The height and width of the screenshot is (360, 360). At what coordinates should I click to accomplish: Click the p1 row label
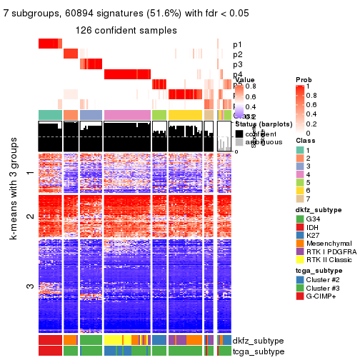[237, 44]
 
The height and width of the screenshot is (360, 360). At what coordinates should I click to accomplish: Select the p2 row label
[237, 54]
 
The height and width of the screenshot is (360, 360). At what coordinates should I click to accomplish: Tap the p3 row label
[237, 64]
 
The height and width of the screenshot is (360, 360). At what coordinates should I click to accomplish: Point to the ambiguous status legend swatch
[240, 143]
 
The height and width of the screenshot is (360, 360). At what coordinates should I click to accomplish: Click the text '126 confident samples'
[126, 30]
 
